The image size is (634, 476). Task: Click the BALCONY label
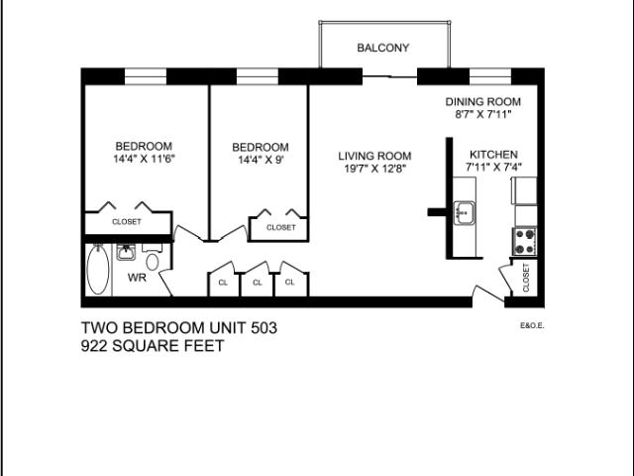382,48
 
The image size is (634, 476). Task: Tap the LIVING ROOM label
374,156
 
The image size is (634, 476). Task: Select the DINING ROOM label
482,102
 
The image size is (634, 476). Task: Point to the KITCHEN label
493,155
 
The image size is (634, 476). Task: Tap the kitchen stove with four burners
524,239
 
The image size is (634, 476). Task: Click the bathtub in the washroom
97,269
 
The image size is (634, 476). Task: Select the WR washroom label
137,278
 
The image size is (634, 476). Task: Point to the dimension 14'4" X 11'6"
144,158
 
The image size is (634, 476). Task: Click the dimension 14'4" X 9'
261,160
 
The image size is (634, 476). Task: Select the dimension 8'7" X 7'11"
481,114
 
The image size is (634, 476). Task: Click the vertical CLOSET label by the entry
526,279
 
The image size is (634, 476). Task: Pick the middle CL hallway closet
257,283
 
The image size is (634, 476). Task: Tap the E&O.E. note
531,324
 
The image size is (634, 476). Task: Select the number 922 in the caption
97,346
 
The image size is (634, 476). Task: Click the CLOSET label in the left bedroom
127,222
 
